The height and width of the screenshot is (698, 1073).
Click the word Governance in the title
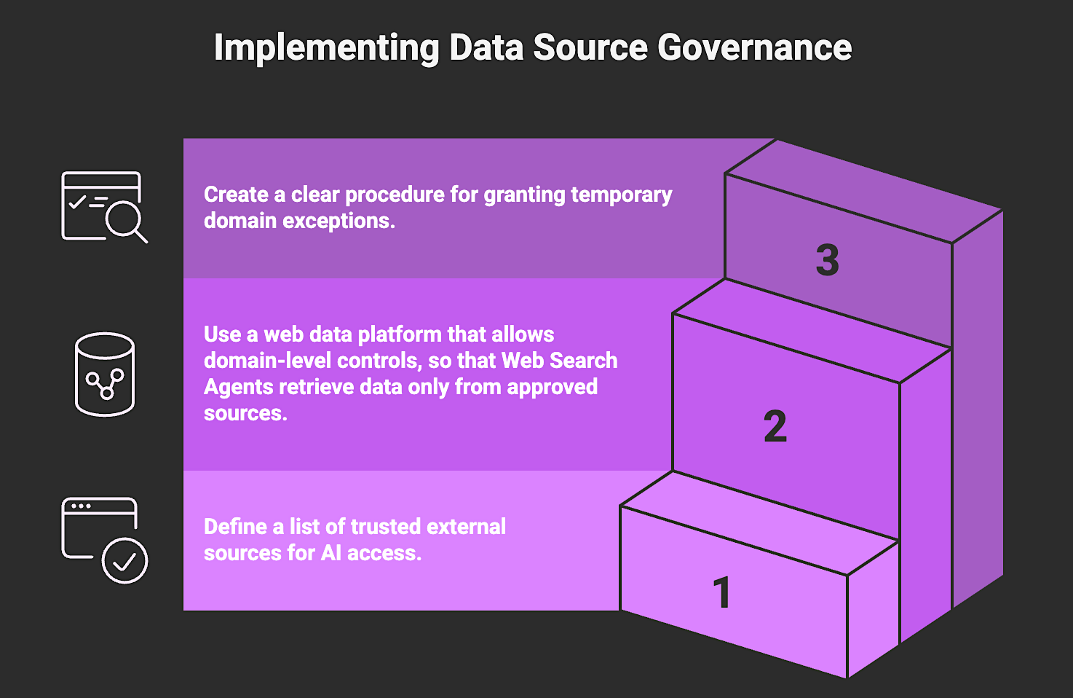pyautogui.click(x=754, y=48)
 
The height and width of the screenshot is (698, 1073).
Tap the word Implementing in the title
pyautogui.click(x=326, y=48)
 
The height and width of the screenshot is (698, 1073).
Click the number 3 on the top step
pyautogui.click(x=827, y=260)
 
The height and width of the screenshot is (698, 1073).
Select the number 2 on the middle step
pyautogui.click(x=775, y=426)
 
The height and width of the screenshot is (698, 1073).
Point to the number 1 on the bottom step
pyautogui.click(x=721, y=592)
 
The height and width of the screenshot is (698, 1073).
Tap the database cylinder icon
pyautogui.click(x=105, y=375)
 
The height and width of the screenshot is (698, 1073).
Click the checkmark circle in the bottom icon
pyautogui.click(x=124, y=560)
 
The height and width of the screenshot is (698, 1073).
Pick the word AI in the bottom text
pyautogui.click(x=331, y=553)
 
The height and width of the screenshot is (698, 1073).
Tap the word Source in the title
pyautogui.click(x=590, y=48)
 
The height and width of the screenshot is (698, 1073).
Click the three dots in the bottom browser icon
pyautogui.click(x=81, y=506)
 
